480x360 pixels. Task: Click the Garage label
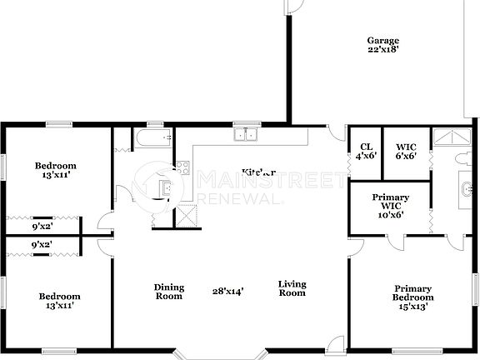pyautogui.click(x=382, y=40)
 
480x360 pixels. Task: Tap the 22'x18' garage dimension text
pyautogui.click(x=382, y=50)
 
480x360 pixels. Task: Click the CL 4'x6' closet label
pyautogui.click(x=365, y=149)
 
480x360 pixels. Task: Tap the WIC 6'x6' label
pyautogui.click(x=406, y=149)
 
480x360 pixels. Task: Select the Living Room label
pyautogui.click(x=292, y=287)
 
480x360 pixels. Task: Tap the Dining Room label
pyautogui.click(x=169, y=292)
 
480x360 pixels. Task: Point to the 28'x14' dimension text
pyautogui.click(x=227, y=292)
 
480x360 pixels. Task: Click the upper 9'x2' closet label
pyautogui.click(x=42, y=226)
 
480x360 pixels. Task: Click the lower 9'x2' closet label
pyautogui.click(x=42, y=245)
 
